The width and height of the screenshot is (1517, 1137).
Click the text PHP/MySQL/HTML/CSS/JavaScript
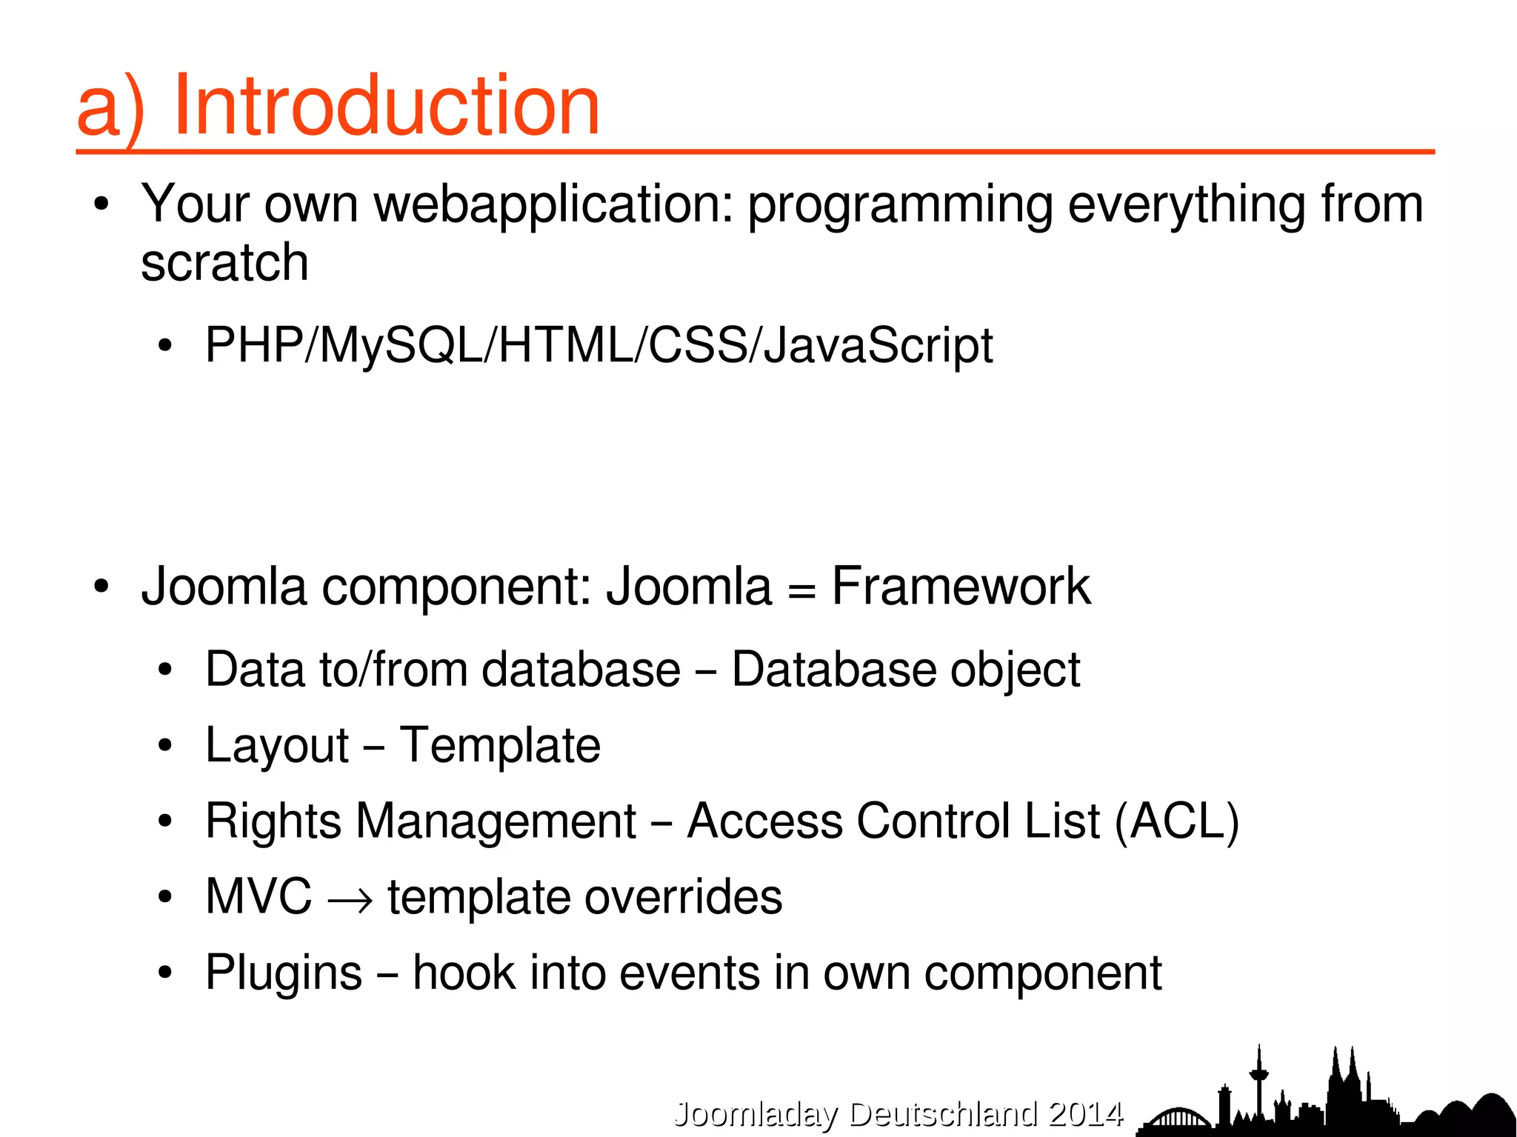click(x=599, y=345)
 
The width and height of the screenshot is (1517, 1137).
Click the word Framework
click(x=961, y=586)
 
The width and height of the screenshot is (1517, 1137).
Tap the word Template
click(x=500, y=745)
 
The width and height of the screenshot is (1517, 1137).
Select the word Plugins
click(x=284, y=973)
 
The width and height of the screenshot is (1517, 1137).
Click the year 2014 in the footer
click(x=1086, y=1113)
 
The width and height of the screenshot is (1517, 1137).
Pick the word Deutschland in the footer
click(x=943, y=1113)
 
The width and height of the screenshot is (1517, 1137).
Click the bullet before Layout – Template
click(x=165, y=746)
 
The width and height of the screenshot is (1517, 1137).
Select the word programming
click(x=900, y=204)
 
